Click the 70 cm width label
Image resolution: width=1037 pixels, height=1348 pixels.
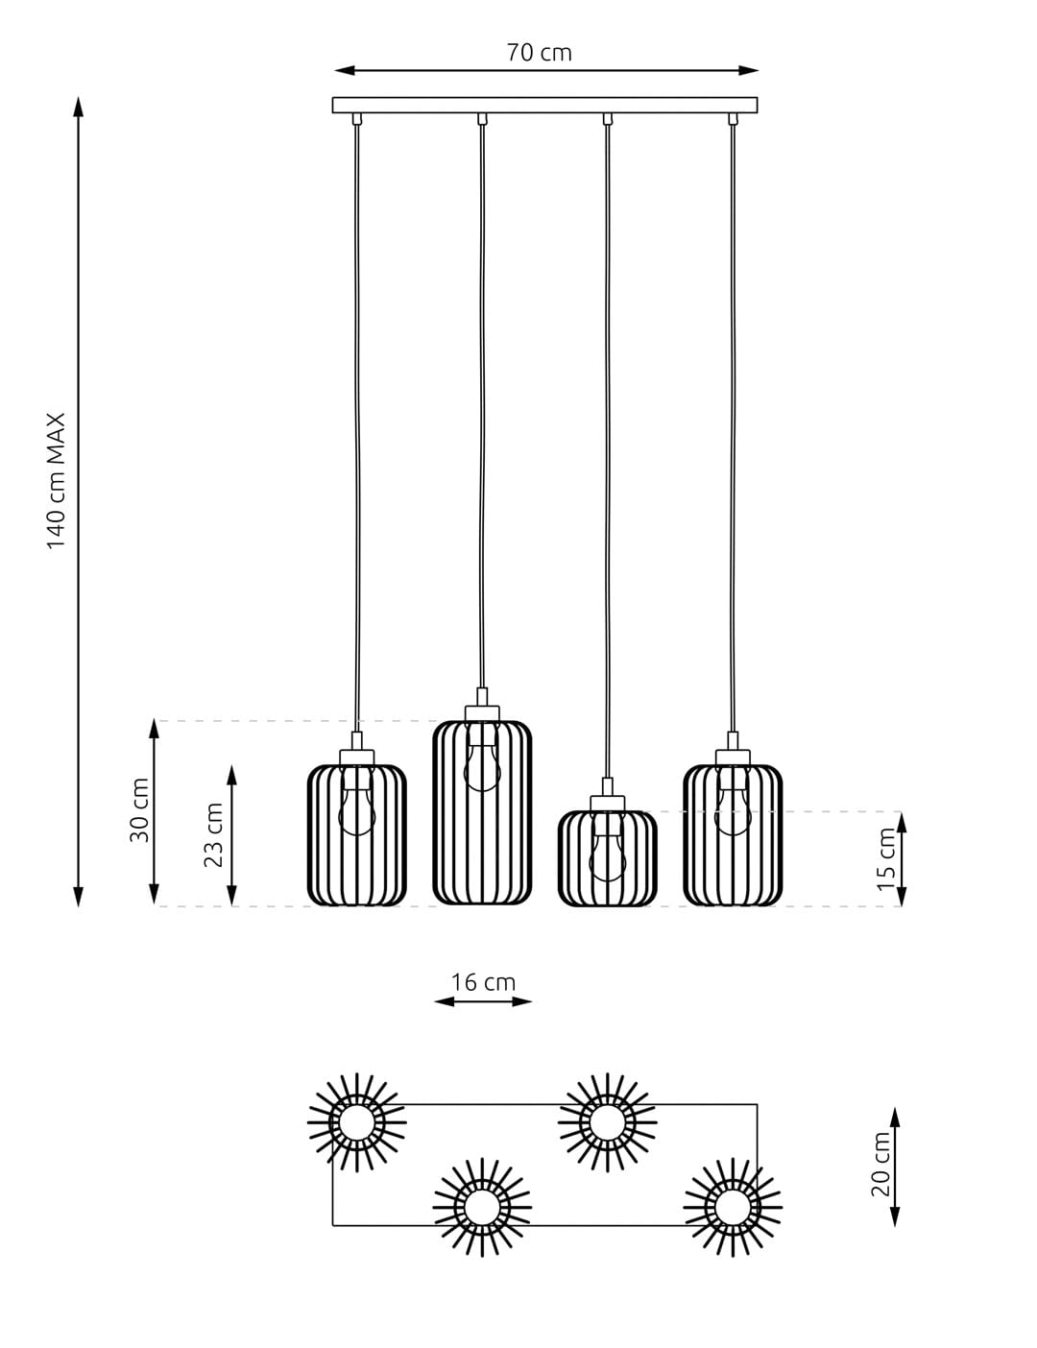coord(539,53)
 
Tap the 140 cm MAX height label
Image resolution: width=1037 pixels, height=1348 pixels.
coord(57,481)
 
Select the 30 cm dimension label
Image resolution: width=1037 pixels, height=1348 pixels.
coord(140,810)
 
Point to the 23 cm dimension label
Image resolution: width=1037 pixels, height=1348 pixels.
coord(214,834)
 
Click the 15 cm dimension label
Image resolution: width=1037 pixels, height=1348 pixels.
coord(886,858)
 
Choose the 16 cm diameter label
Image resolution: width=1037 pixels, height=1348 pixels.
coord(483,982)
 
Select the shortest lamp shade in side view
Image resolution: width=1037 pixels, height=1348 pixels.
coord(608,858)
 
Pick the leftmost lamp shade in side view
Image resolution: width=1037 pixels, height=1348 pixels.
coord(357,834)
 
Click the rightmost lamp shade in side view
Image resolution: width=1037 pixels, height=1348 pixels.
coord(733,834)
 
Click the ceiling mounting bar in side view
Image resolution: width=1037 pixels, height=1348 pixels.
coord(544,105)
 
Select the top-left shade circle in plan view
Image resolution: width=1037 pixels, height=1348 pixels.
coord(356,1122)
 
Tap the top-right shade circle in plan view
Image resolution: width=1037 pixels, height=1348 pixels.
coord(608,1122)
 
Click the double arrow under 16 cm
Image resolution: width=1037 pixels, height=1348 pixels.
coord(483,1001)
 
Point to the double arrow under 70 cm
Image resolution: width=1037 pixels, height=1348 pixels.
coord(546,70)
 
